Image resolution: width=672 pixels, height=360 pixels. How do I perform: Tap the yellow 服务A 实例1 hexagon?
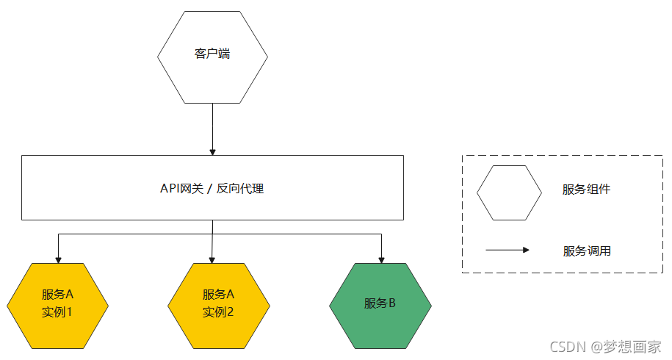(x=58, y=303)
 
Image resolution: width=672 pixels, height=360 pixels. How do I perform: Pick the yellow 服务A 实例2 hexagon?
(x=219, y=303)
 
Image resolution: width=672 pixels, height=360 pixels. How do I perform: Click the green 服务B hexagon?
(x=380, y=303)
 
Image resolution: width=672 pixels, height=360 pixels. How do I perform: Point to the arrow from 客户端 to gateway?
(x=212, y=129)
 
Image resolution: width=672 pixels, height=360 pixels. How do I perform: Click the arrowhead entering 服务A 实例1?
(x=58, y=259)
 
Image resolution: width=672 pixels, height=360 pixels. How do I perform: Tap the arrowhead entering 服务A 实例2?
(x=212, y=259)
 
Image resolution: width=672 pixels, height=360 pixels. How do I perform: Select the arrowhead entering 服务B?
(x=380, y=259)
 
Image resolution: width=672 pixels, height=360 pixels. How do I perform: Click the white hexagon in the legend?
(x=509, y=192)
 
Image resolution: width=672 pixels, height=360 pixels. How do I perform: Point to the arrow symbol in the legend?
(x=507, y=250)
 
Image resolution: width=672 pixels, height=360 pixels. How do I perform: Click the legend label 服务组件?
(x=586, y=190)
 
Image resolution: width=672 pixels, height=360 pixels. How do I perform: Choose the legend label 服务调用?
(x=586, y=251)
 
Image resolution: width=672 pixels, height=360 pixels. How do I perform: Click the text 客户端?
(x=212, y=54)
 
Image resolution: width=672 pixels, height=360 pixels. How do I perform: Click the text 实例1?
(x=58, y=312)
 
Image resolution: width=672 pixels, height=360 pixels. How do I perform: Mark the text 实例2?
(x=219, y=312)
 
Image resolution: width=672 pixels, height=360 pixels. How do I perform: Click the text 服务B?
(x=380, y=303)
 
